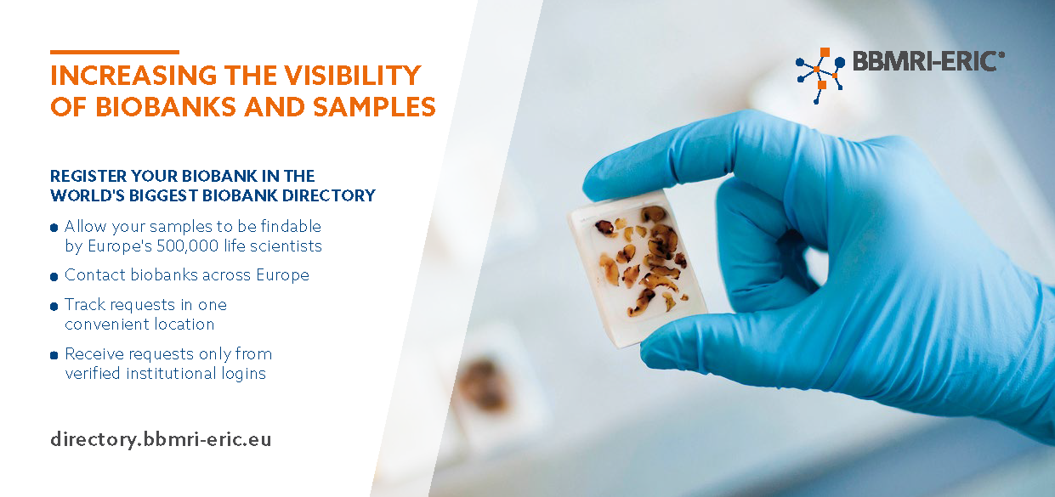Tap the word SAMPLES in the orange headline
pyautogui.click(x=374, y=107)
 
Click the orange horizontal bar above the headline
pyautogui.click(x=115, y=52)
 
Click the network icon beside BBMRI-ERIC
pyautogui.click(x=820, y=76)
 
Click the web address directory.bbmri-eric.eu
pyautogui.click(x=161, y=439)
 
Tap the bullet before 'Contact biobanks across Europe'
pyautogui.click(x=54, y=276)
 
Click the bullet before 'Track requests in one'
pyautogui.click(x=54, y=307)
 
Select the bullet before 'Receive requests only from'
pyautogui.click(x=54, y=355)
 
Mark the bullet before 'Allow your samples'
pyautogui.click(x=54, y=229)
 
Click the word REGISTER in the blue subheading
pyautogui.click(x=88, y=176)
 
